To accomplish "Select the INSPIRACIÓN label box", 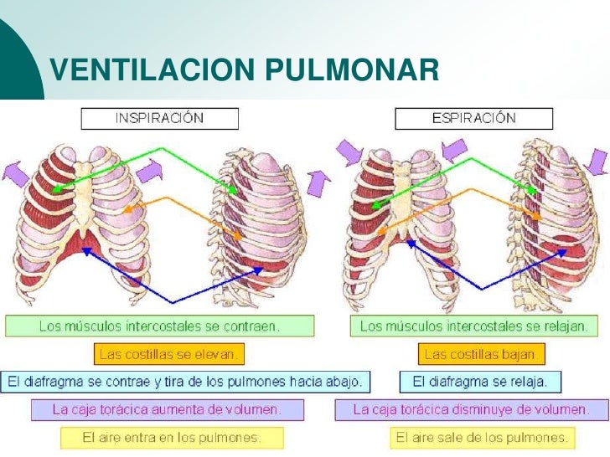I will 159,118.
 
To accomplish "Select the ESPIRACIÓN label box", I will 473,118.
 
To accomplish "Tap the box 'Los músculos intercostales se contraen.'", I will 160,326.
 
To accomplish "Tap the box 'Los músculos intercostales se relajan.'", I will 474,326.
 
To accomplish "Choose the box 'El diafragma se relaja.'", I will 480,382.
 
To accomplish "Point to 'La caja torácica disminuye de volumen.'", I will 471,410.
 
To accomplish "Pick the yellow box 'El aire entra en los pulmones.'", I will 171,438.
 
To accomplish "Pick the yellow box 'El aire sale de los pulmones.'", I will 483,438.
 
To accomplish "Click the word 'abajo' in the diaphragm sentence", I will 341,382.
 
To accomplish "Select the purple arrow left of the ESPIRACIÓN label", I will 349,153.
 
